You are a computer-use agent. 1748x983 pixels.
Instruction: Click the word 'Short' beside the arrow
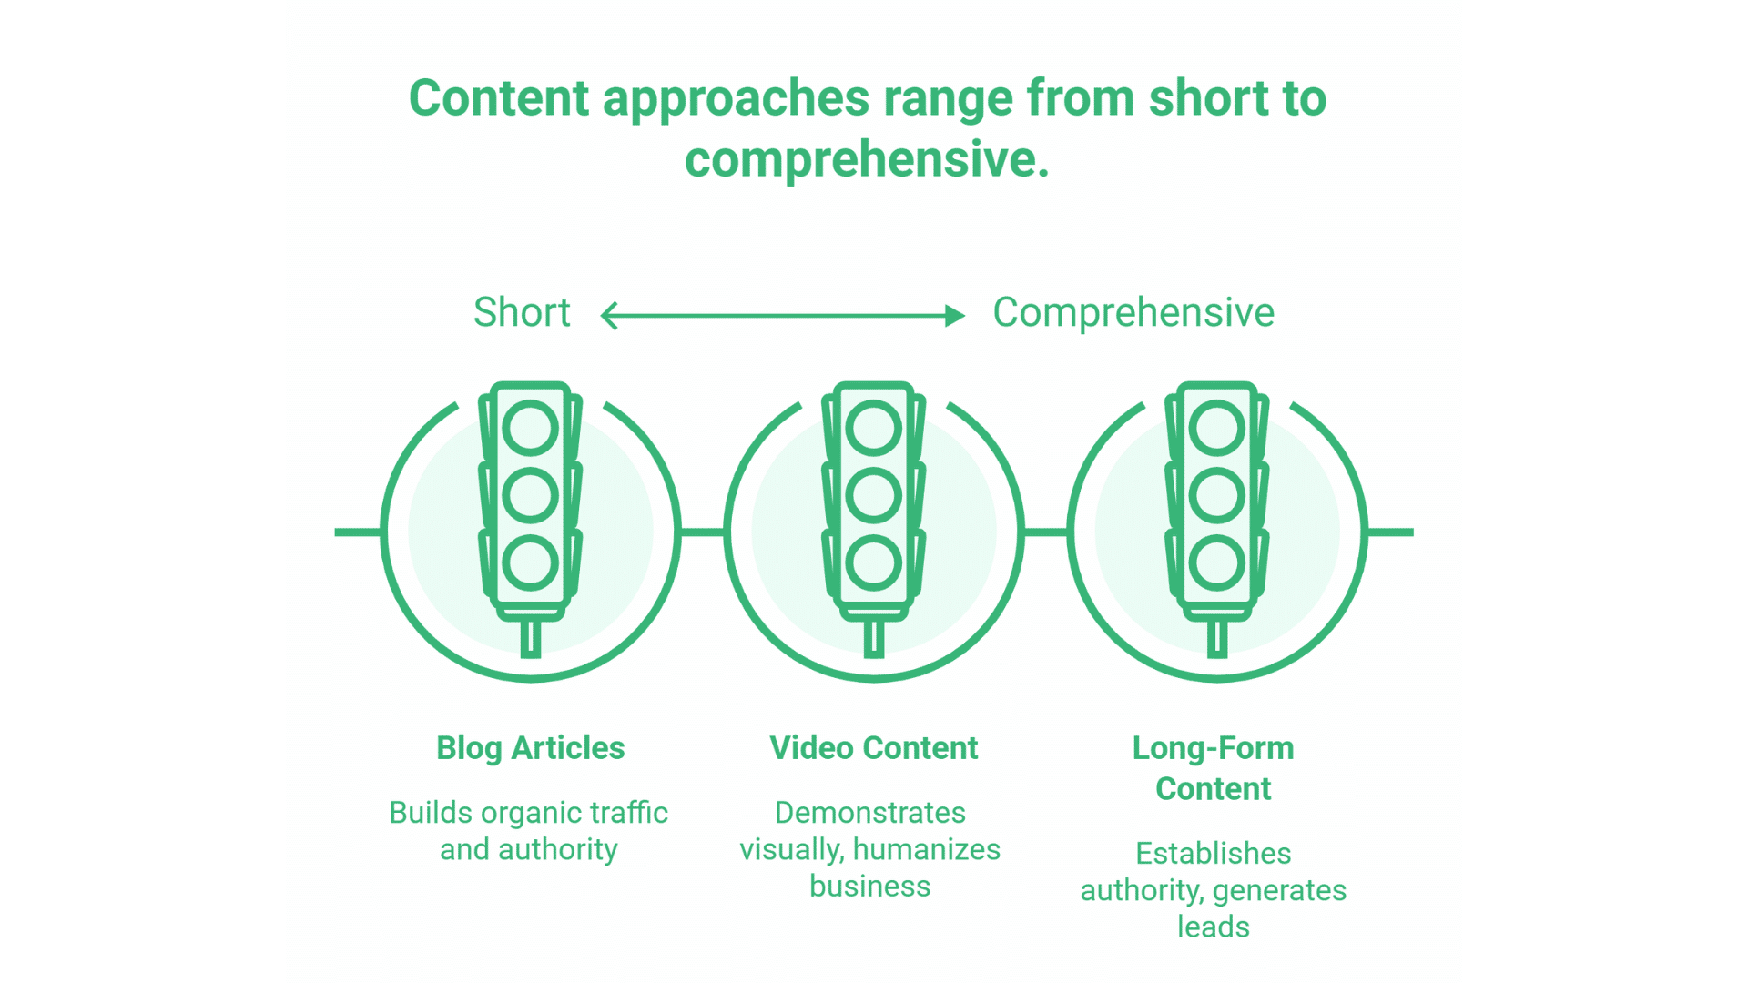(x=522, y=313)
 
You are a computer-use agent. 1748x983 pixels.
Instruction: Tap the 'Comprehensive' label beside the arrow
(x=1133, y=313)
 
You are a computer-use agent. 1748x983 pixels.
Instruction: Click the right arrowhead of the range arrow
(x=955, y=316)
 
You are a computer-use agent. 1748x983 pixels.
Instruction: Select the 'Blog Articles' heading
(x=530, y=748)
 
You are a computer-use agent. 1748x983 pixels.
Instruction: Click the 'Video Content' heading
(x=873, y=748)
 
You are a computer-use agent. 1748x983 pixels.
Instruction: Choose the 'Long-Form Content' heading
(x=1213, y=768)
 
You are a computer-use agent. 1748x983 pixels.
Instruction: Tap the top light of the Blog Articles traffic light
(x=530, y=429)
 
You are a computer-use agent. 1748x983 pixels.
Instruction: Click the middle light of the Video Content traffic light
(x=873, y=496)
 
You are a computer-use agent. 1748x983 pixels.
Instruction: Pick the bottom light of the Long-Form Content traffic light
(x=1216, y=562)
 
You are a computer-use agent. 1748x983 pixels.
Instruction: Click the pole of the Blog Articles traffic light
(x=530, y=639)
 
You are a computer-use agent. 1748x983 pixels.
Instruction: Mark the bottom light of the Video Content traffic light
(x=873, y=562)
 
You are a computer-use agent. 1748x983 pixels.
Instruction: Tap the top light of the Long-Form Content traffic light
(x=1216, y=429)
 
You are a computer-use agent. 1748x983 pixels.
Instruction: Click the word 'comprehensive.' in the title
(x=867, y=160)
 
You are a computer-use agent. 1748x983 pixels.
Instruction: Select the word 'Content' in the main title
(x=499, y=98)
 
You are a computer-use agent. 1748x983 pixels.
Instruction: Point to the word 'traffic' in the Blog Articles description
(x=628, y=812)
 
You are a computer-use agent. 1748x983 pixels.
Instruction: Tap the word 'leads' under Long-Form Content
(x=1213, y=927)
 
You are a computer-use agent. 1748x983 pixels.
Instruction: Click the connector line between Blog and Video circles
(x=702, y=532)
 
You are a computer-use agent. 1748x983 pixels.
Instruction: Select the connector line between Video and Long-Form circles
(x=1045, y=532)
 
